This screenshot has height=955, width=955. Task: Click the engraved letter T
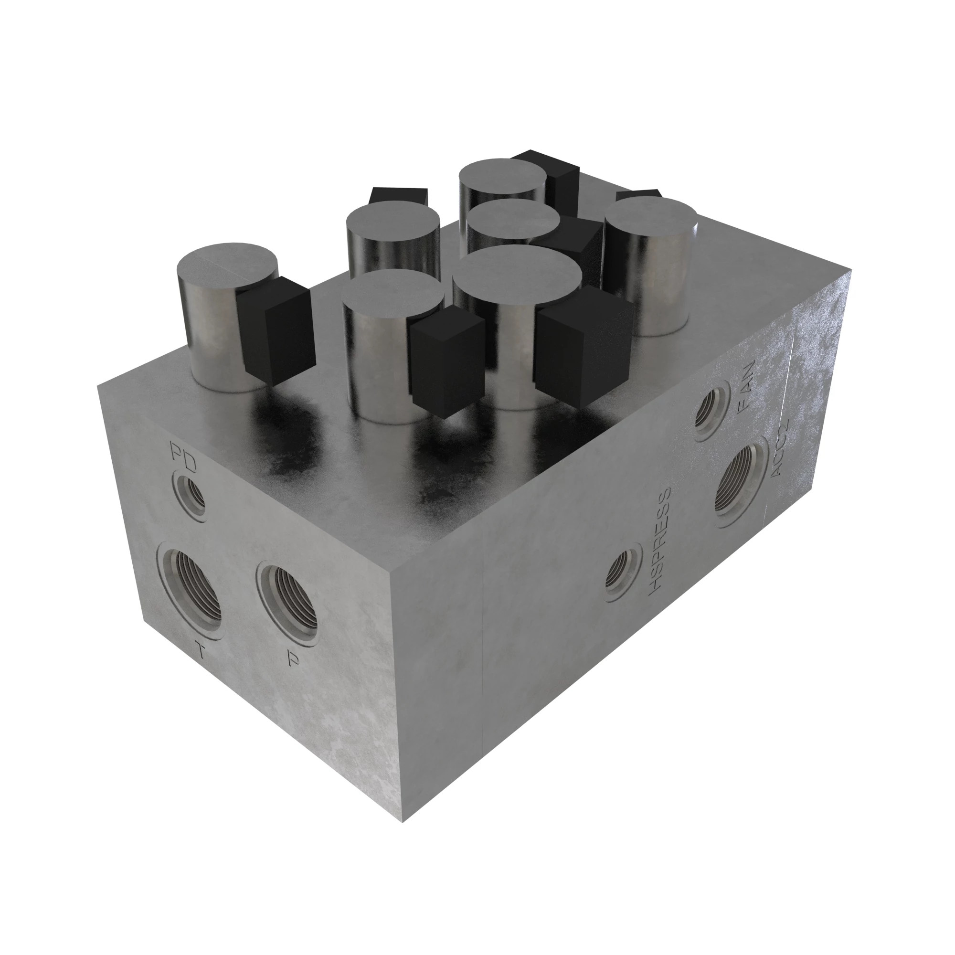coord(200,652)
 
